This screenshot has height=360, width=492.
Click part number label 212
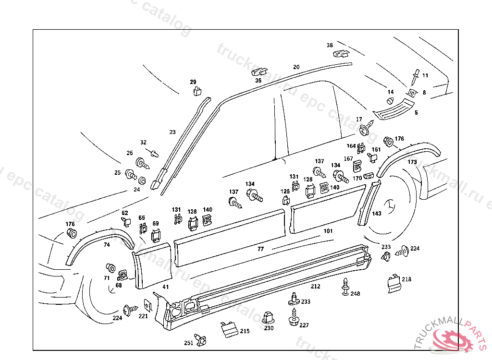pos(315,287)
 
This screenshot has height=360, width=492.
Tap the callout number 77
pos(260,249)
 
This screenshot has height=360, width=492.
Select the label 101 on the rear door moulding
pos(328,231)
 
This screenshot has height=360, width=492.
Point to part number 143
pos(377,214)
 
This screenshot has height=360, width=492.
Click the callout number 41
pos(165,287)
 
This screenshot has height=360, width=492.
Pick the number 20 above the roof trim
pos(296,67)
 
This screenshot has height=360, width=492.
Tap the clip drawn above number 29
pos(197,90)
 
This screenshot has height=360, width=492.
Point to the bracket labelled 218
pos(394,283)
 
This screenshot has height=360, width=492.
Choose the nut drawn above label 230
pos(268,317)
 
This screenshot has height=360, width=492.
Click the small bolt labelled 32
pos(154,154)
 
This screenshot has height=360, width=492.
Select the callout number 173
pos(412,162)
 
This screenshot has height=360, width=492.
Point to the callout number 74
pos(107,245)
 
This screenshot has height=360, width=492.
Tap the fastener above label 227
pos(293,315)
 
